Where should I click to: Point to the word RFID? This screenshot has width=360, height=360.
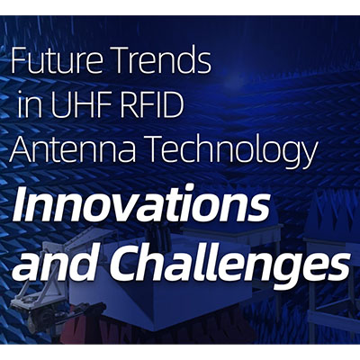click(156, 106)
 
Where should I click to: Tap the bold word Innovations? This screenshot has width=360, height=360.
click(141, 203)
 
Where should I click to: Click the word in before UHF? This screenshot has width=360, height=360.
click(30, 106)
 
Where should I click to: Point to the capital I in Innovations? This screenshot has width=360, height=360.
click(23, 203)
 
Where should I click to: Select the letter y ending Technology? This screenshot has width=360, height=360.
click(307, 156)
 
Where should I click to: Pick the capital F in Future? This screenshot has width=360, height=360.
click(19, 61)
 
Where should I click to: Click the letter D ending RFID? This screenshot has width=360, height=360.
click(174, 106)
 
